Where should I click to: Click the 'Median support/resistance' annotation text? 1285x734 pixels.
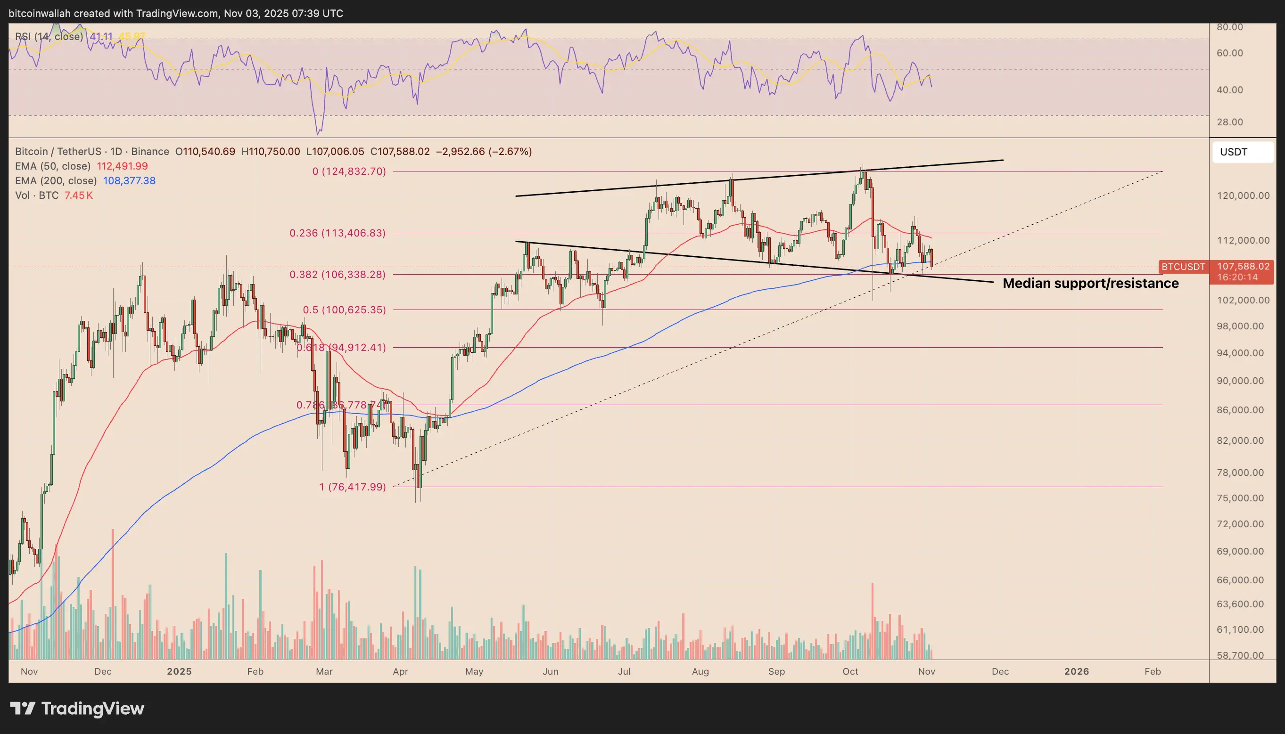coord(1090,283)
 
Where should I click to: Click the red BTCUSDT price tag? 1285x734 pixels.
coord(1183,267)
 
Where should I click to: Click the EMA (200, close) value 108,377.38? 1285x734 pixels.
coord(129,180)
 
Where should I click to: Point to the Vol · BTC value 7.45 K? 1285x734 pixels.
coord(79,195)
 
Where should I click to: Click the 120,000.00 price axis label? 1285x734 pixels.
coord(1243,196)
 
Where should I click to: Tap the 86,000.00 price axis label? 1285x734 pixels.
coord(1240,410)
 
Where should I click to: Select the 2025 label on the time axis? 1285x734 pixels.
coord(179,671)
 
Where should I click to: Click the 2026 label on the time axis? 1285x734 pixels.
coord(1076,671)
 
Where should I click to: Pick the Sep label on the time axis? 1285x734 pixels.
coord(776,671)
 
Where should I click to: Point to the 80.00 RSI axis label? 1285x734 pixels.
coord(1229,27)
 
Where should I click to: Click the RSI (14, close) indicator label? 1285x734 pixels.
coord(49,36)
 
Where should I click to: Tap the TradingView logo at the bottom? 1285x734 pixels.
coord(77,708)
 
